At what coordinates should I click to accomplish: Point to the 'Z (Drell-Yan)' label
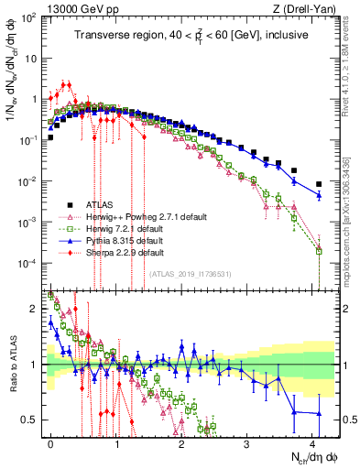[x=307, y=8]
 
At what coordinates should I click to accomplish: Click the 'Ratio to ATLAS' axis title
[x=14, y=365]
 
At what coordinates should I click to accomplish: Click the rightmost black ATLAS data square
[x=319, y=184]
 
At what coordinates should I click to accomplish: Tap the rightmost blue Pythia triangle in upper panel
[x=319, y=195]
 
